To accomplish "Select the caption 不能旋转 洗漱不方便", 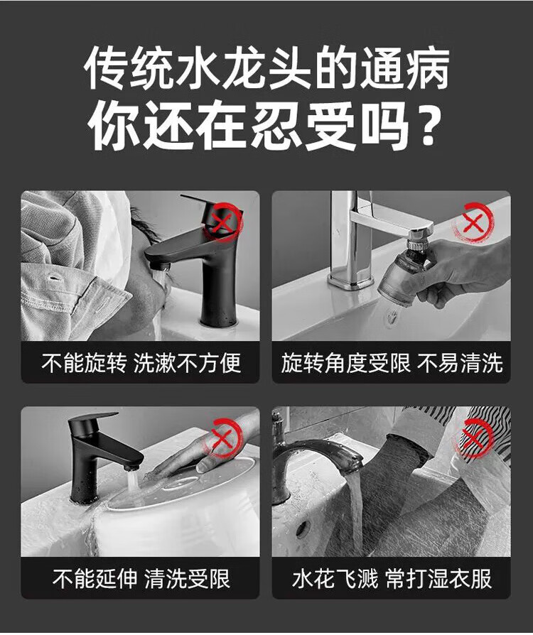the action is point(141,363).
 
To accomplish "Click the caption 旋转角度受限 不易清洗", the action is point(392,363).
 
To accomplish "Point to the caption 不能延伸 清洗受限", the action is point(141,578).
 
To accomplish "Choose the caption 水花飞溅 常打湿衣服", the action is point(392,578).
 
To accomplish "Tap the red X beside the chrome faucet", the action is point(473,223).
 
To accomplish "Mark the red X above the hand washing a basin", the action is point(222,438).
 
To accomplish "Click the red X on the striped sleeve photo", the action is point(473,438).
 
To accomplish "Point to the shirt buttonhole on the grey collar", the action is point(53,278).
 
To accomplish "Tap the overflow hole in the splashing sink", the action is point(302,529).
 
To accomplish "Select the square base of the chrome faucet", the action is point(351,278).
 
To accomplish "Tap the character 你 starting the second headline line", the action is point(114,125).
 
